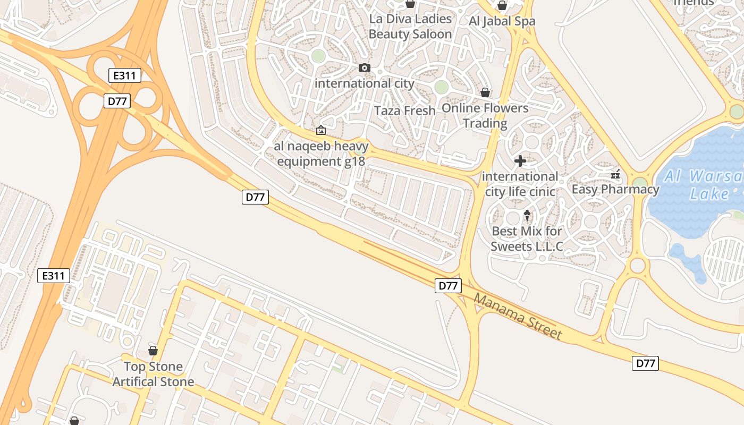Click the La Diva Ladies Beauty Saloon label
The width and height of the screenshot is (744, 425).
point(410,27)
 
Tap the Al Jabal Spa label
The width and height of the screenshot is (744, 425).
point(502,21)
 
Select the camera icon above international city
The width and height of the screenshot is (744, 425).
point(365,67)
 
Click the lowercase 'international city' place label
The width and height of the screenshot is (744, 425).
point(365,83)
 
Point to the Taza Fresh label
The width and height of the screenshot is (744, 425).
point(405,110)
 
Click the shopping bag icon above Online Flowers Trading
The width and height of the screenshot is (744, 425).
point(485,92)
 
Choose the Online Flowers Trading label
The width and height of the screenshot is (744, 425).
point(485,116)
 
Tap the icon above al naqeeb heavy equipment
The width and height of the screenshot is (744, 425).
point(321,130)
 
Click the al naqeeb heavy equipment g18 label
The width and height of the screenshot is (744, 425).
point(321,154)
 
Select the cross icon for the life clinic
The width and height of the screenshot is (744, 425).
point(520,160)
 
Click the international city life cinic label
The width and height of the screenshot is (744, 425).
point(520,184)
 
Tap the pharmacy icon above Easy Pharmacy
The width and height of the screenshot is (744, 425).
point(616,174)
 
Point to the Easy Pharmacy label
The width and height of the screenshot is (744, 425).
point(615,189)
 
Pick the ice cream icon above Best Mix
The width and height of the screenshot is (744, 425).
point(527,215)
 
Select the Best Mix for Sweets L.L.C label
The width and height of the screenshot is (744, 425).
point(527,239)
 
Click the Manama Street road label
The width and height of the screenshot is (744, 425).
point(518,316)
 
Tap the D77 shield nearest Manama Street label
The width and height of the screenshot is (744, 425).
point(448,286)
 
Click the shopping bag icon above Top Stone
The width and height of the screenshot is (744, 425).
point(153,351)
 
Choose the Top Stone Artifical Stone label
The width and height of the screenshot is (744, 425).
point(153,374)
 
